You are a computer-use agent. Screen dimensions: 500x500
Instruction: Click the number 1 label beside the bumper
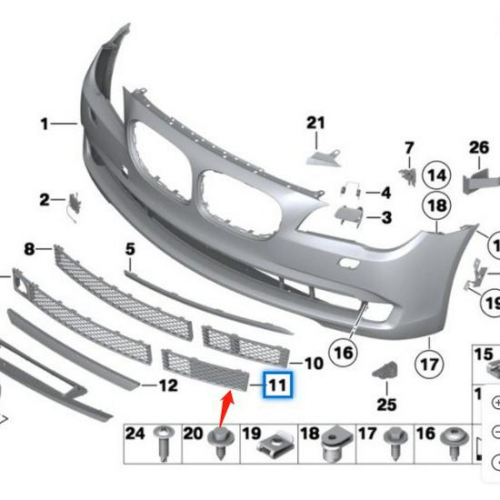click(43, 121)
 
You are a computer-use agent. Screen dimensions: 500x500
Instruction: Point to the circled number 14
click(437, 175)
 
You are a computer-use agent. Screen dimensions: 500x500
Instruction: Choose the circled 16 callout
click(342, 350)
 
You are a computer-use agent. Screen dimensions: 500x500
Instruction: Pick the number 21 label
click(315, 124)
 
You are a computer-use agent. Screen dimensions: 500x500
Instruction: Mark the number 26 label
click(479, 146)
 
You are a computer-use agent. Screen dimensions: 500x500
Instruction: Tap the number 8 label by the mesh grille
click(30, 248)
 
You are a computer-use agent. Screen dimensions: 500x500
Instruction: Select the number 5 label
click(130, 248)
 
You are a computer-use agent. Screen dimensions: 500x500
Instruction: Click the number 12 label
click(168, 385)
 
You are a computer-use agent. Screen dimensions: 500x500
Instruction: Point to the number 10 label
click(313, 364)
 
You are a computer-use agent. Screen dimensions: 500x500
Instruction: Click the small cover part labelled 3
click(347, 216)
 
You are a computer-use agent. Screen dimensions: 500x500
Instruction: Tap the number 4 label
click(385, 193)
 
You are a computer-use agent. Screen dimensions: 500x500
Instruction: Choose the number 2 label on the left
click(45, 199)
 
